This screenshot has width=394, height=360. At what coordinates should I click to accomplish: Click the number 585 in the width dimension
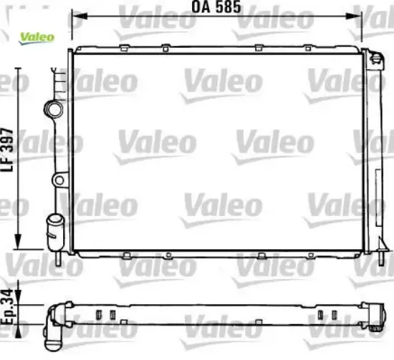pyautogui.click(x=226, y=9)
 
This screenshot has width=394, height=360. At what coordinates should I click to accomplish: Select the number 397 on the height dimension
pyautogui.click(x=8, y=147)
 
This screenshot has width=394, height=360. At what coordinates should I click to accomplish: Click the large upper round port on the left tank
pyautogui.click(x=54, y=109)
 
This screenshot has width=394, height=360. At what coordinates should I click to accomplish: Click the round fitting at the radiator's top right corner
pyautogui.click(x=375, y=59)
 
